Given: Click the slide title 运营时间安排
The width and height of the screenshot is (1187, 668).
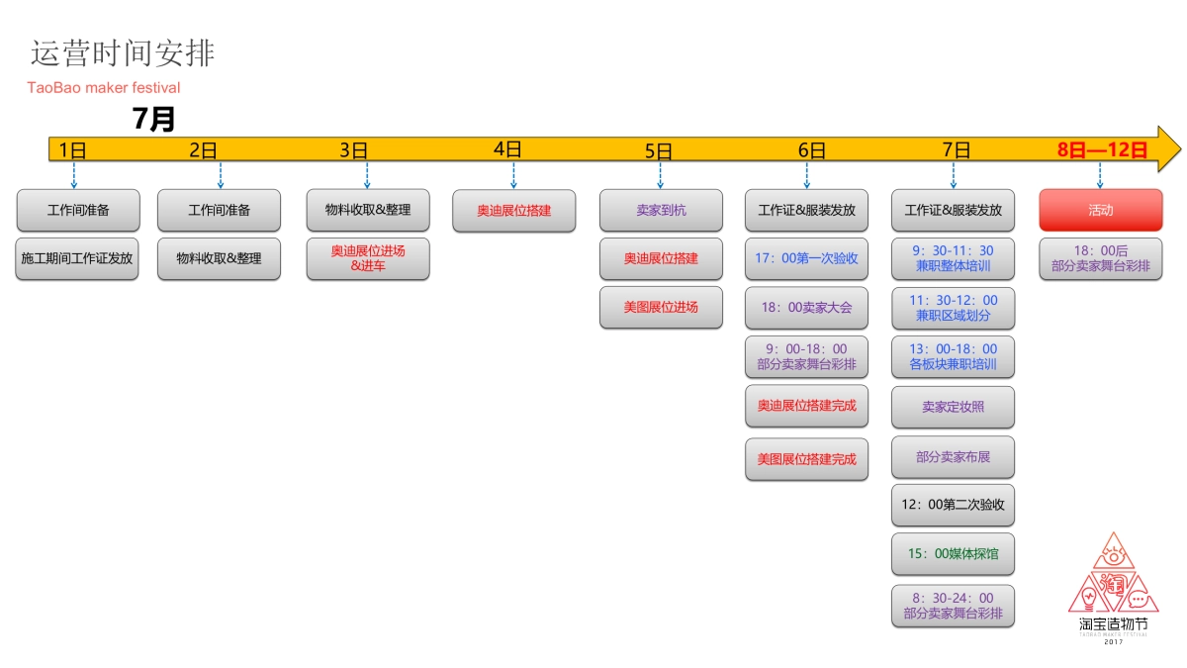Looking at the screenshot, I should point(123,53).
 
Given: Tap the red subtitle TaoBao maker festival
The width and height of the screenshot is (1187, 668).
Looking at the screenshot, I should point(104,88).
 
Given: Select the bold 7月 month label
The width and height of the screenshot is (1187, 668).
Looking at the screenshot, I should point(153,120).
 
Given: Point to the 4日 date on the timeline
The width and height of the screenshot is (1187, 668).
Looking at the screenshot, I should point(507,149).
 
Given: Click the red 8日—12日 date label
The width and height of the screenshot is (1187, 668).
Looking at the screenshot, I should point(1102,150).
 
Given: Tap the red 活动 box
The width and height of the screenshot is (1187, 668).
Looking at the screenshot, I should point(1100,210).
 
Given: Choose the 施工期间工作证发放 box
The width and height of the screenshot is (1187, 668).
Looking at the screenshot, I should point(77,258).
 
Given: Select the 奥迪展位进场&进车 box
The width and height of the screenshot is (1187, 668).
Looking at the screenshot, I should point(368,258).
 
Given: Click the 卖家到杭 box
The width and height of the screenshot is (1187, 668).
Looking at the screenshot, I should point(661,210).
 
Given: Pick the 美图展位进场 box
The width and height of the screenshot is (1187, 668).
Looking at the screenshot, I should point(661,307).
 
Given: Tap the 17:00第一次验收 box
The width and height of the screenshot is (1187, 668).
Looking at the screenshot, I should point(806,258).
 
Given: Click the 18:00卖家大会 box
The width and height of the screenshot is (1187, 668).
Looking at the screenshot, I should point(806,307).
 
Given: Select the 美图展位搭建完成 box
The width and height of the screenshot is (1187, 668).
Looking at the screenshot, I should point(806,459).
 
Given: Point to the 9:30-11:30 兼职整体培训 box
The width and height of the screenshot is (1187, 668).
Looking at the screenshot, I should point(953,258).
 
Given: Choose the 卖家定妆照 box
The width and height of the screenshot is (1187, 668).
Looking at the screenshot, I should point(953,407).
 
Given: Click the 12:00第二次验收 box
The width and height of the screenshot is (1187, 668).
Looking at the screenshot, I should point(953,505).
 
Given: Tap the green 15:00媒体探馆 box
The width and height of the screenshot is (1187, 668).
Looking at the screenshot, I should point(953,553).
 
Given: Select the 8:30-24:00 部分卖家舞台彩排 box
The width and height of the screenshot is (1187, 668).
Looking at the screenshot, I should point(953,606).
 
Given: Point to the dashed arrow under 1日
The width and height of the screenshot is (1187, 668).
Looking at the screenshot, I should point(74,175).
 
